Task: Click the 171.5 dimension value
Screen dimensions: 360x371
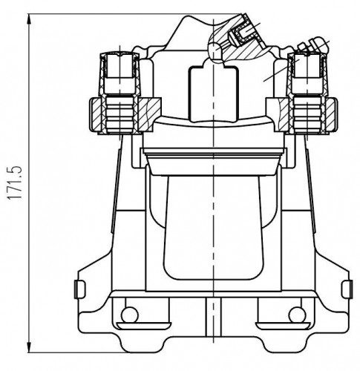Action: pos(14,183)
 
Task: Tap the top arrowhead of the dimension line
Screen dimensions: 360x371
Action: pos(30,19)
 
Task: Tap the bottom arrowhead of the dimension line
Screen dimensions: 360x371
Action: pos(30,347)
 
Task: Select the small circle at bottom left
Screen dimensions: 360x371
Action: pos(129,315)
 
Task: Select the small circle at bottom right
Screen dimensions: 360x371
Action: pos(297,315)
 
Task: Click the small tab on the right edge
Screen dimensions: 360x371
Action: pos(347,289)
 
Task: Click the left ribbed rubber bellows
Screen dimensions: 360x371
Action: pos(120,113)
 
